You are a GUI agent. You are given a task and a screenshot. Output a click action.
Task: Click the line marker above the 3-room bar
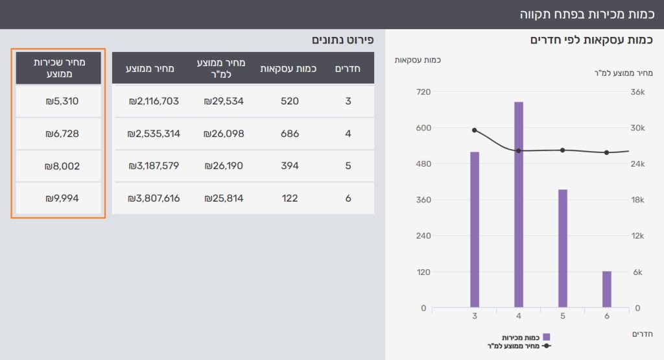[475, 130]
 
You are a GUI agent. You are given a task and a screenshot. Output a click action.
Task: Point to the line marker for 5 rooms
[563, 150]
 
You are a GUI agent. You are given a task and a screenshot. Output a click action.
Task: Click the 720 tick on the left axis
[423, 92]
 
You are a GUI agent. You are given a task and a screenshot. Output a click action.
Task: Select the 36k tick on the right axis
[638, 92]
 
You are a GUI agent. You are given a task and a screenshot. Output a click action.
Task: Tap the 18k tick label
[638, 200]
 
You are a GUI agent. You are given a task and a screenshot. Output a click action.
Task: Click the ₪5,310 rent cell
[58, 101]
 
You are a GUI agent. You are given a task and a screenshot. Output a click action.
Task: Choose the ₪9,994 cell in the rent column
[58, 198]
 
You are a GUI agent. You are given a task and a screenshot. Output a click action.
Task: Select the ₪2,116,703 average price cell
[154, 101]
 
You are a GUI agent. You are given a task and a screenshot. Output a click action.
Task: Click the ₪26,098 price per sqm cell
[223, 134]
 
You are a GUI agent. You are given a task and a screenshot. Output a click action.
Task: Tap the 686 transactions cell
[289, 134]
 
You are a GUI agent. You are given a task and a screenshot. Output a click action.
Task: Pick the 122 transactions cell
[289, 198]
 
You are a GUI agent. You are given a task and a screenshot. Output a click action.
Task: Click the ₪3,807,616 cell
[154, 198]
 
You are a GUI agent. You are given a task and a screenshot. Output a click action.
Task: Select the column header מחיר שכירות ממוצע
[58, 68]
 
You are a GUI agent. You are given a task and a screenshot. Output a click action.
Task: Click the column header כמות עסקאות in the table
[289, 68]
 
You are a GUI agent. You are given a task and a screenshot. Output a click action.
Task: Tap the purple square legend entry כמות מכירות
[546, 337]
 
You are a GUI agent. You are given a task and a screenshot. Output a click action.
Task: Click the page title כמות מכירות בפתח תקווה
[588, 14]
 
